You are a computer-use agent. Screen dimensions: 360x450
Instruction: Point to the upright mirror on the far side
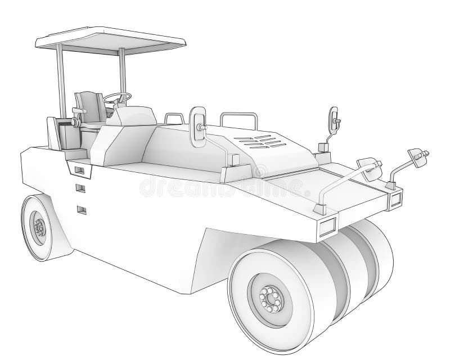[x=334, y=119]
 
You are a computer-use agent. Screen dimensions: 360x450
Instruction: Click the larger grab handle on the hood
[x=239, y=121]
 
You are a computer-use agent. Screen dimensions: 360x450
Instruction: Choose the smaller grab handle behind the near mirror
[x=174, y=118]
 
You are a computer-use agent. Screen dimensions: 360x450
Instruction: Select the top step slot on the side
[x=78, y=169]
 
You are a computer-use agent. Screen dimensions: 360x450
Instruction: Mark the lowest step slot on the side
[x=82, y=210]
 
